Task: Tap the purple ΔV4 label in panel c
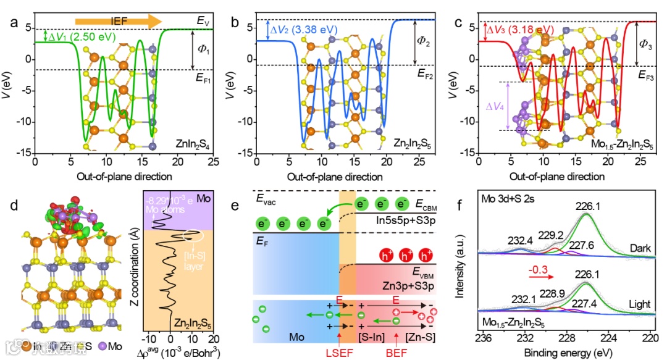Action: pos(493,106)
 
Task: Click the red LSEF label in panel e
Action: pos(340,347)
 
